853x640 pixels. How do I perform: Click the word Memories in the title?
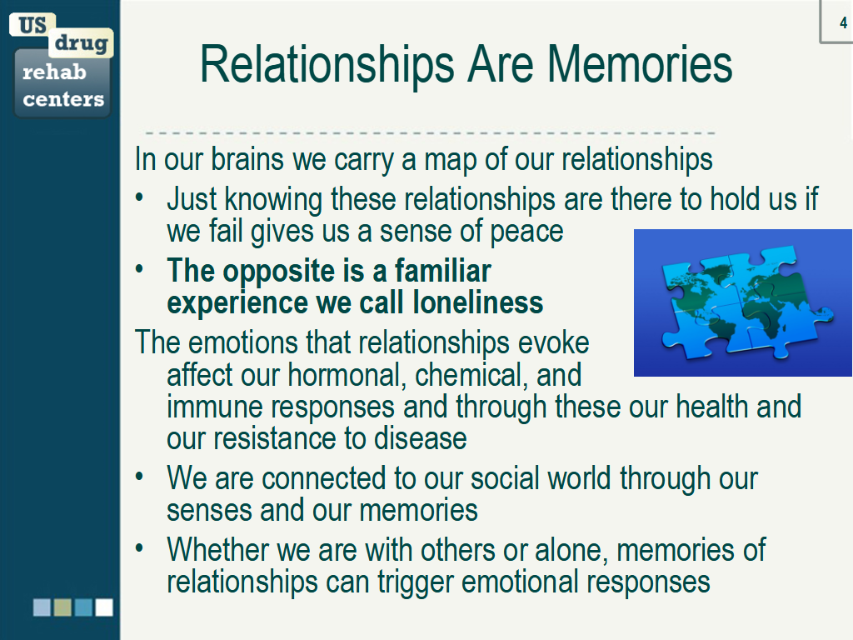[640, 64]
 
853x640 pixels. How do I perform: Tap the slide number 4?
[843, 22]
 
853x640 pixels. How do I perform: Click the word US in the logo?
[32, 25]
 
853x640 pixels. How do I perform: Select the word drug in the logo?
[81, 43]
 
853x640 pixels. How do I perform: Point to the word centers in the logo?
[63, 99]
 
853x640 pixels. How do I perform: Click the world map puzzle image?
[742, 302]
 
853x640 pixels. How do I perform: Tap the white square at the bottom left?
[104, 607]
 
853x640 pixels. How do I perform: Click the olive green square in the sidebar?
[62, 607]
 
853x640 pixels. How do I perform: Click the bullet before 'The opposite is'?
[139, 268]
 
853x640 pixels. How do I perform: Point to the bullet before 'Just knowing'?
[139, 197]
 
